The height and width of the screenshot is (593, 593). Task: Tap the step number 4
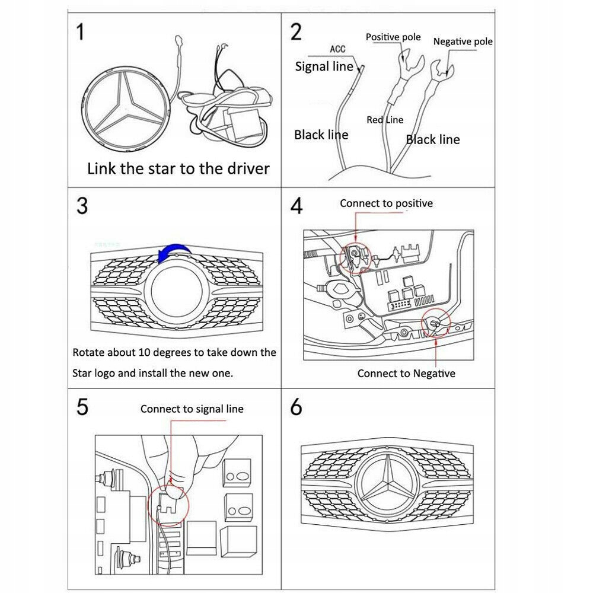[x=296, y=206]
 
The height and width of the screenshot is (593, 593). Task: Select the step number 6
[x=296, y=407]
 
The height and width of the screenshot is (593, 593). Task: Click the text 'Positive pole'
[x=393, y=37]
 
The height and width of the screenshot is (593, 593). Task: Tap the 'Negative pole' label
[x=463, y=42]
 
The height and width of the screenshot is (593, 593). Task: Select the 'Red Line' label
[x=384, y=120]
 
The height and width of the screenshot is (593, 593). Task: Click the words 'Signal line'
[x=324, y=66]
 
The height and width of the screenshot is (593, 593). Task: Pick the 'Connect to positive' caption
[x=386, y=203]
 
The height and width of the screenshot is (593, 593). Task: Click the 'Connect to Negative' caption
[x=406, y=373]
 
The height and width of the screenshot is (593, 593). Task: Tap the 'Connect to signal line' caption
[x=192, y=409]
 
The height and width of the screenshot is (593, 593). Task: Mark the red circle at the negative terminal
[x=436, y=324]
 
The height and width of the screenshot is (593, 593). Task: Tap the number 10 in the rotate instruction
[x=145, y=352]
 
